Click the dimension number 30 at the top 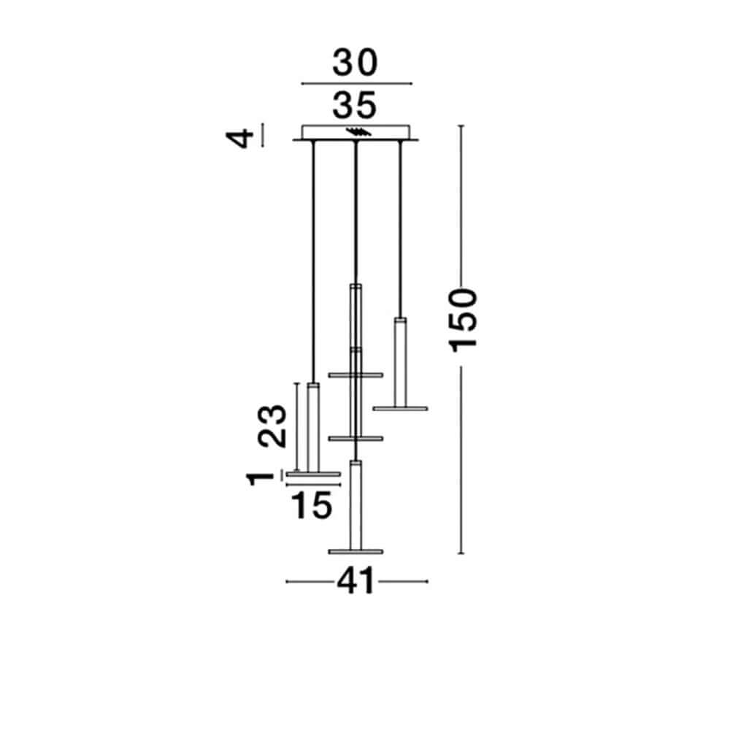click(355, 63)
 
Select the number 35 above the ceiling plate click(354, 106)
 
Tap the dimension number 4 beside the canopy click(239, 139)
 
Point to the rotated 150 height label click(463, 320)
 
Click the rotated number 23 click(272, 426)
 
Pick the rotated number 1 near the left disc click(261, 479)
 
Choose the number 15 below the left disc click(312, 506)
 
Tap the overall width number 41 click(356, 581)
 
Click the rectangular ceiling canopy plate click(356, 132)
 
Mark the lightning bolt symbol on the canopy click(358, 132)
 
